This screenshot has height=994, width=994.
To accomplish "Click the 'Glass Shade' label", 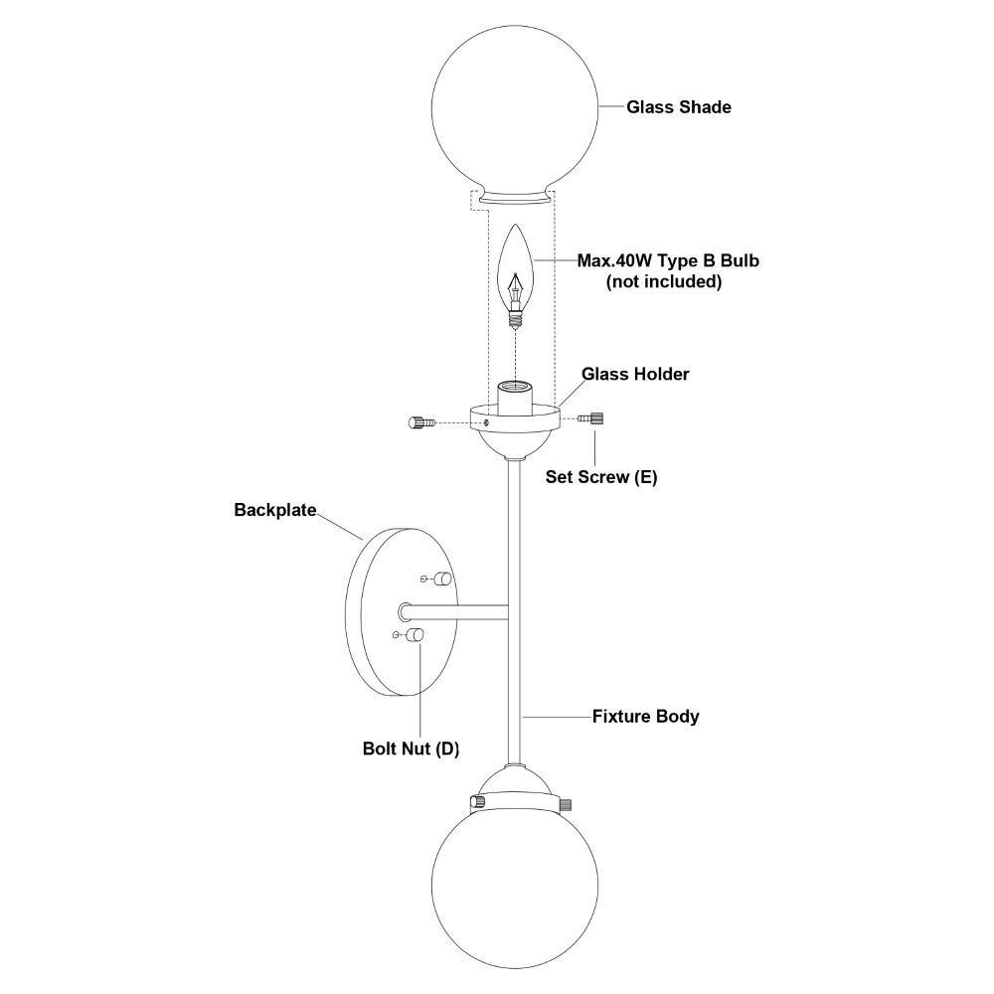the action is pos(678,107).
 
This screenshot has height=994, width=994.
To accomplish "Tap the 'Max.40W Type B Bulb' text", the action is pos(668,260).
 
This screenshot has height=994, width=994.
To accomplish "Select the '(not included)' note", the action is pos(664,281).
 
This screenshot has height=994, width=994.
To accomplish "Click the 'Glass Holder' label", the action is pos(635,374).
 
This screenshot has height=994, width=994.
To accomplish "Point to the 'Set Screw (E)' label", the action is pos(601,477).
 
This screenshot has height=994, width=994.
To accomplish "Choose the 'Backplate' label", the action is pos(275,510).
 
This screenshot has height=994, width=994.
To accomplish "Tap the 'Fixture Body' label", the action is pos(645,717).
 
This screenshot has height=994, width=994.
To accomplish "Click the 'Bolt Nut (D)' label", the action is pos(411,748).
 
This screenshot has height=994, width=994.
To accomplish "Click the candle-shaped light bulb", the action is pos(517,275).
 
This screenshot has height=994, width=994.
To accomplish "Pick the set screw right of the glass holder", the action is pos(590,418).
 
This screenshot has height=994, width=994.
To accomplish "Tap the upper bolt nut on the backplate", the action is pos(442,579).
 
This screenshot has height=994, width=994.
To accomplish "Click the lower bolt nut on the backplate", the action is pos(414,634).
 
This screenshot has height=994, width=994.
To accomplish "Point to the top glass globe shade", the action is pos(514,114).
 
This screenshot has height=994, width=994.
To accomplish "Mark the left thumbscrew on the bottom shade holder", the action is pos(477,802).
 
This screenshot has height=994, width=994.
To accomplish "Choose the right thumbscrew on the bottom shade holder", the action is pos(567,805).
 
